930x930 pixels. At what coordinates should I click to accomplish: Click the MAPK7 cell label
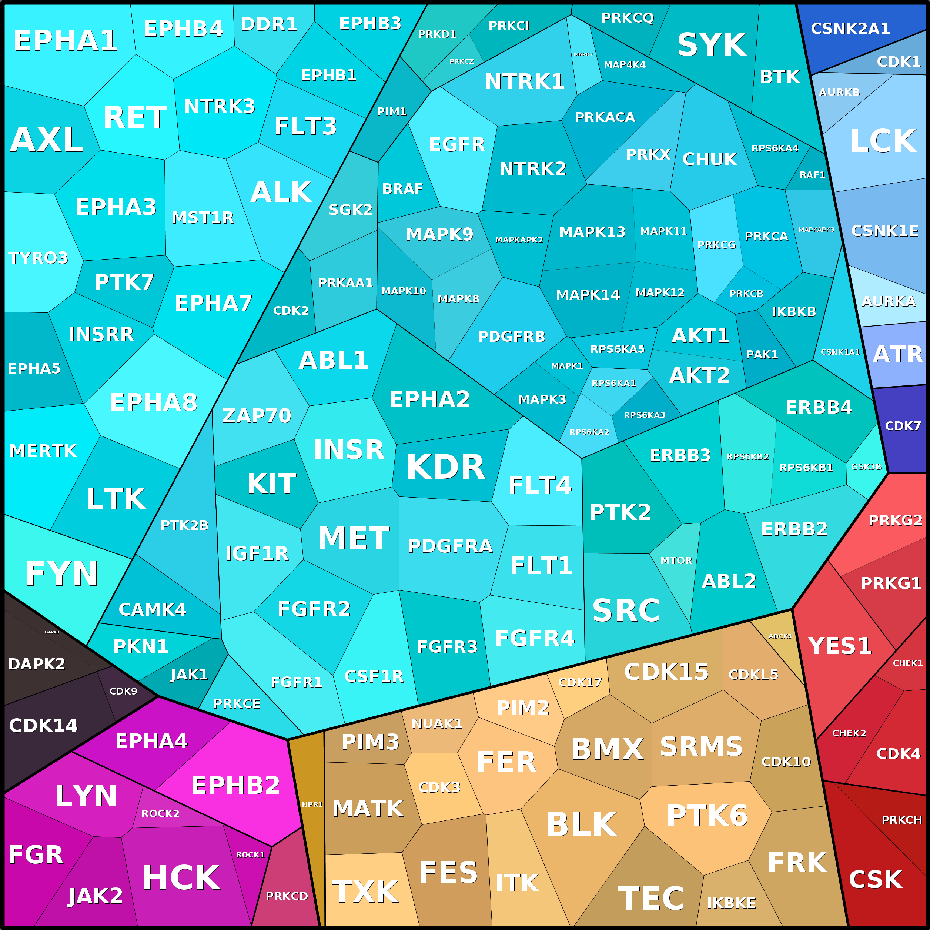pyautogui.click(x=583, y=54)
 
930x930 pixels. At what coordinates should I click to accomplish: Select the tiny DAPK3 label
pyautogui.click(x=52, y=632)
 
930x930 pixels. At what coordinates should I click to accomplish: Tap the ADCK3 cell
pyautogui.click(x=780, y=636)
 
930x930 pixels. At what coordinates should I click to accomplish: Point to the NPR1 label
pyautogui.click(x=312, y=805)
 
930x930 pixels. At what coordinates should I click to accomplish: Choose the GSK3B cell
pyautogui.click(x=866, y=466)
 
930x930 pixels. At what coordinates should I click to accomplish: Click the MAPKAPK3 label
pyautogui.click(x=816, y=230)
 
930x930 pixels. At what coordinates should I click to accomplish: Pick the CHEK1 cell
pyautogui.click(x=907, y=663)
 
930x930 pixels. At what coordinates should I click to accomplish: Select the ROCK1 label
pyautogui.click(x=250, y=855)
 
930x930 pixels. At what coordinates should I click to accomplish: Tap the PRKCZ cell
pyautogui.click(x=461, y=61)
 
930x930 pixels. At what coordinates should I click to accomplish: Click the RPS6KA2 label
pyautogui.click(x=589, y=432)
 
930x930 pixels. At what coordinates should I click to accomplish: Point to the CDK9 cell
pyautogui.click(x=123, y=691)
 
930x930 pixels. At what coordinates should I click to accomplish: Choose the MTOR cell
pyautogui.click(x=676, y=560)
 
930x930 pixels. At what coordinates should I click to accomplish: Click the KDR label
pyautogui.click(x=446, y=467)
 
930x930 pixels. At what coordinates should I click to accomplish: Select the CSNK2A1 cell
pyautogui.click(x=850, y=29)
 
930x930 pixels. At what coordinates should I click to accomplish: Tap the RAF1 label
pyautogui.click(x=812, y=175)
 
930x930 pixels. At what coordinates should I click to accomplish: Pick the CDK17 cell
pyautogui.click(x=579, y=682)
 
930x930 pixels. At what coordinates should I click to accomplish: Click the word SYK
pyautogui.click(x=712, y=45)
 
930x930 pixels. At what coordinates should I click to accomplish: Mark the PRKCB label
pyautogui.click(x=746, y=294)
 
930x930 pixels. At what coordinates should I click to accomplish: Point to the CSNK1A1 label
pyautogui.click(x=840, y=352)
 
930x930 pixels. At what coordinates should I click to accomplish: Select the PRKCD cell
pyautogui.click(x=287, y=896)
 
